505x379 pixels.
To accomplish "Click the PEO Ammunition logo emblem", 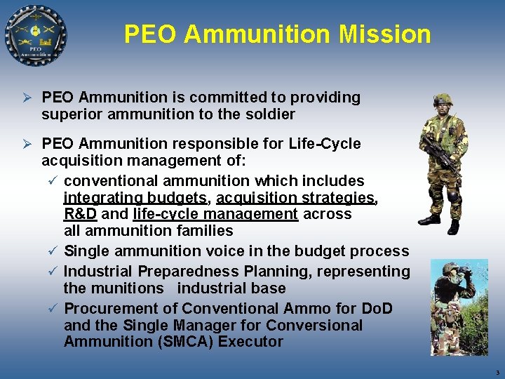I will [35, 34].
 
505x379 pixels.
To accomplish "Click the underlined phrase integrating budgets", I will [135, 198].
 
